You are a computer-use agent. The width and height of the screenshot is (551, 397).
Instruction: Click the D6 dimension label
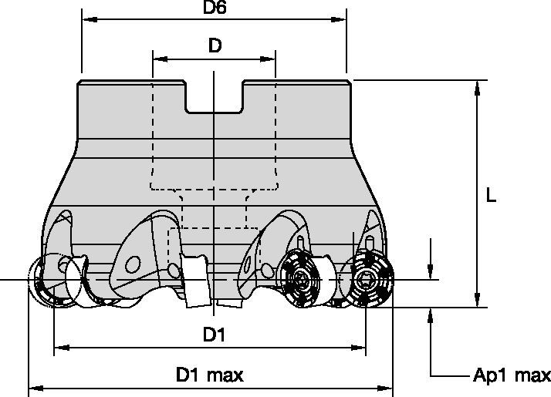215,8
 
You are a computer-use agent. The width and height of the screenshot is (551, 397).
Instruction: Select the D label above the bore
215,45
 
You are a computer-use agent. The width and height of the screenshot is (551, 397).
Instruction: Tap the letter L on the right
491,195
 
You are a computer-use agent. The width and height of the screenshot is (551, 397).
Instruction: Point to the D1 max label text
209,375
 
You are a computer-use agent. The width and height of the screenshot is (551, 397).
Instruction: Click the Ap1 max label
512,375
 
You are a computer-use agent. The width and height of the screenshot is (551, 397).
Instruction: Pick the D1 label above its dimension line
215,335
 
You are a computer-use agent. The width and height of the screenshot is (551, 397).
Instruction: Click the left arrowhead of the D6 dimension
90,19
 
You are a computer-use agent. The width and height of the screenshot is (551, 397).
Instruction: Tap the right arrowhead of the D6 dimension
339,19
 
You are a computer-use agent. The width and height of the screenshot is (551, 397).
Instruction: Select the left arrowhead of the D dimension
161,59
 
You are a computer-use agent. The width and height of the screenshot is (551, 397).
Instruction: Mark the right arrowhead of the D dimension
268,59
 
